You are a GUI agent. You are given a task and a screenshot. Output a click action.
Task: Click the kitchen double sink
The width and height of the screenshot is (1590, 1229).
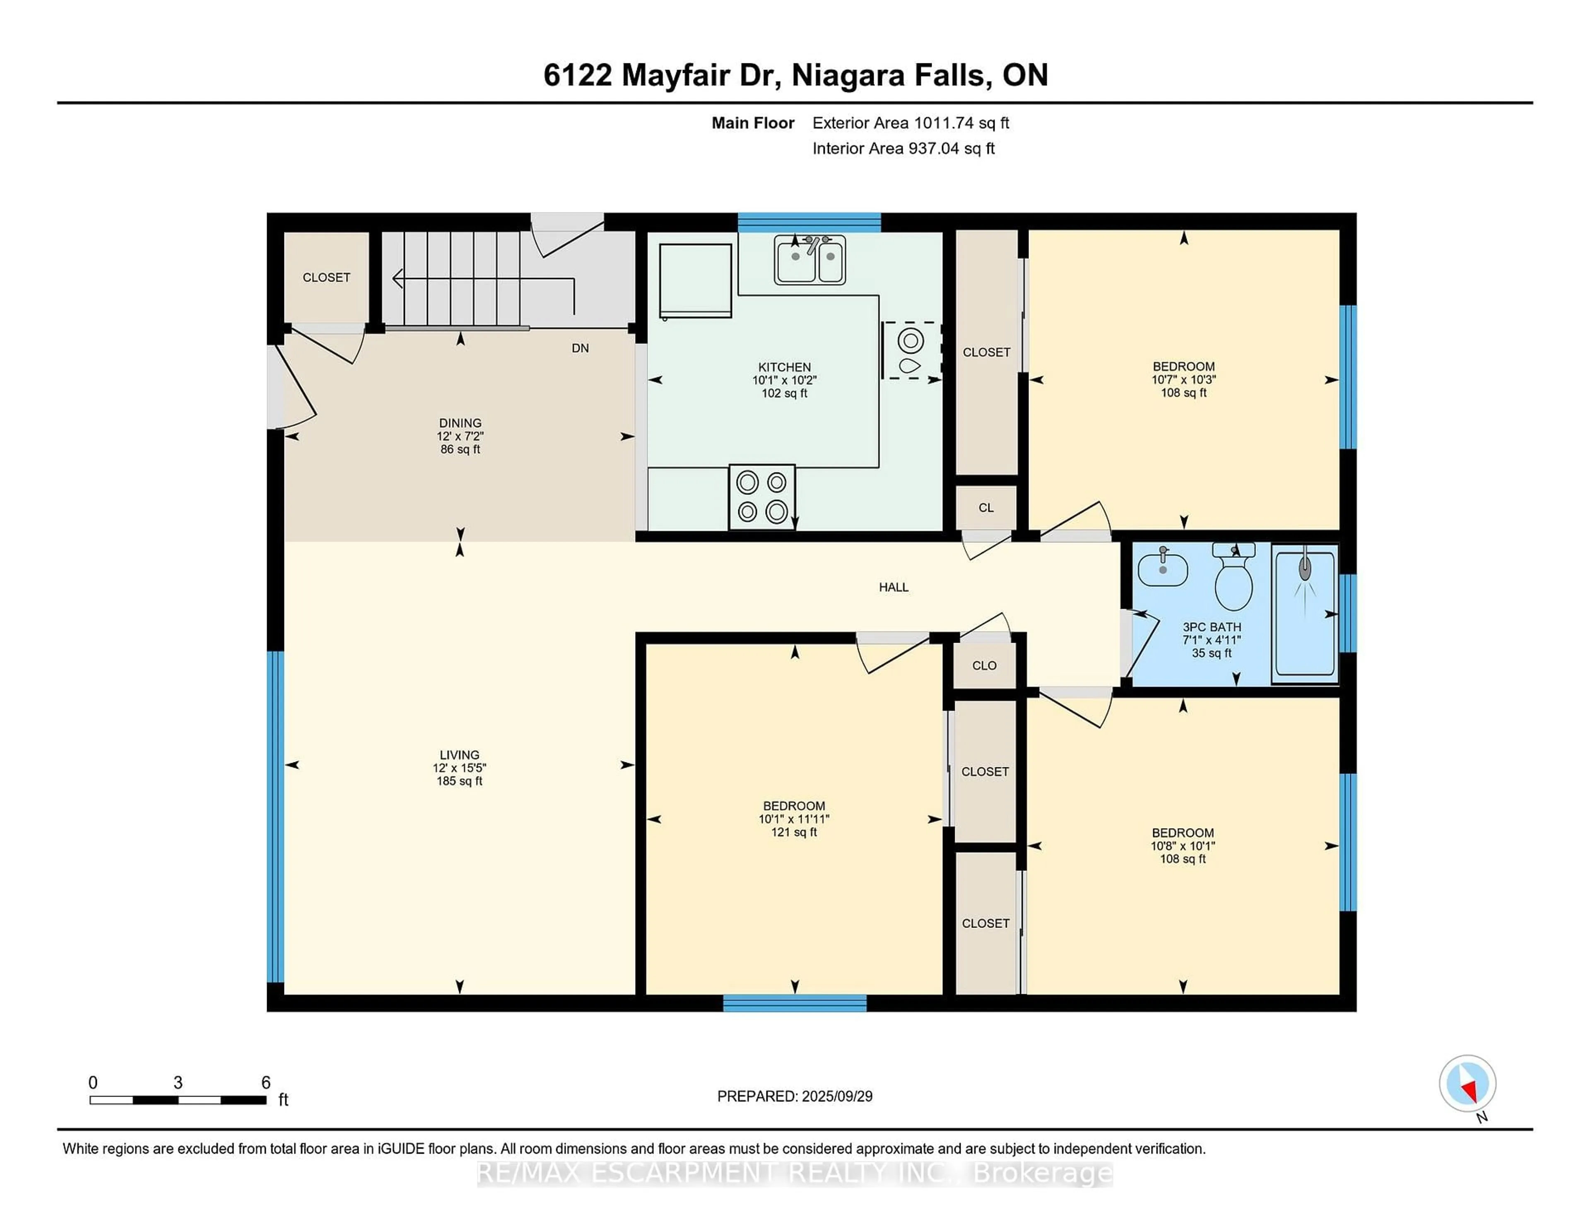809,260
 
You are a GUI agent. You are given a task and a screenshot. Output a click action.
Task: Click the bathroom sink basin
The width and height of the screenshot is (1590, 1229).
1163,569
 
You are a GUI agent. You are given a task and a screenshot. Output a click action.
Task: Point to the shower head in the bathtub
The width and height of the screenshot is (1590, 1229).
1305,568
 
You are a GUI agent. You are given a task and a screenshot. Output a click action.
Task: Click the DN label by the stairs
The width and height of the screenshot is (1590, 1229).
580,348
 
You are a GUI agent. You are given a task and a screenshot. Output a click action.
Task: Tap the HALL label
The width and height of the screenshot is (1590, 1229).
893,587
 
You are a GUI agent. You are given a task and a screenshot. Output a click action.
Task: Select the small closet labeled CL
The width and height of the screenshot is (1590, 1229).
986,508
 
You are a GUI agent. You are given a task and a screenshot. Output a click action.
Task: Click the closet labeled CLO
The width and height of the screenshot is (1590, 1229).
984,665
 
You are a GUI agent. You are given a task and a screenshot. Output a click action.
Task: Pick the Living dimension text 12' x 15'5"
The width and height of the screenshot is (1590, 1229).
459,767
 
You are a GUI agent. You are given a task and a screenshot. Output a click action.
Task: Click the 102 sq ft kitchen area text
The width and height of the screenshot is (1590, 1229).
784,393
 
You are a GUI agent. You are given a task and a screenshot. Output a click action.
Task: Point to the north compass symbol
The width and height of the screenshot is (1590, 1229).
1467,1083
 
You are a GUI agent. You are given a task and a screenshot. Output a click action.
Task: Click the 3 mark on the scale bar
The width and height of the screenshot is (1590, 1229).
178,1083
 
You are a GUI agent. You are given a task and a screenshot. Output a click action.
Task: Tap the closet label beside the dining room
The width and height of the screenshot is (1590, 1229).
326,277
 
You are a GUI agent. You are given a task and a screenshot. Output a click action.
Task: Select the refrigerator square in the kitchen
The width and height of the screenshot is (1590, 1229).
695,280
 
